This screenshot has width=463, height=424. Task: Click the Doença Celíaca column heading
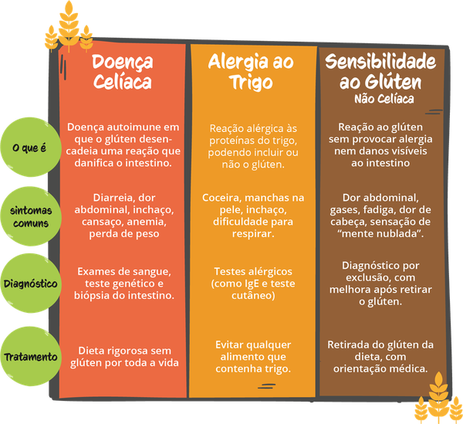123,71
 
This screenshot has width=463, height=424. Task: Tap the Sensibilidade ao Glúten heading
386,71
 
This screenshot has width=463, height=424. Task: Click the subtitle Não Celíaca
385,100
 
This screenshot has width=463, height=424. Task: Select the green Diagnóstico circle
31,283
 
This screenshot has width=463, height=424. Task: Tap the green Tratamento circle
31,357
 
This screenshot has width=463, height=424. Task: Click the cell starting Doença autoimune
123,145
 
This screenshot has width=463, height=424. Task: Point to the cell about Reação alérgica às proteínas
252,147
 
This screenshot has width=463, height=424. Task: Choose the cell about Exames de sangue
123,283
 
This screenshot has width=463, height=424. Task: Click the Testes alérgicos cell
252,283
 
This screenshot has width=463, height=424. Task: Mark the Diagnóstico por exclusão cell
386,283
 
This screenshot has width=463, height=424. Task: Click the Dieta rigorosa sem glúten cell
123,355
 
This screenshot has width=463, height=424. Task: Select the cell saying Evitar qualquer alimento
252,355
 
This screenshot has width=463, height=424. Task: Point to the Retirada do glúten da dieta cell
386,355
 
